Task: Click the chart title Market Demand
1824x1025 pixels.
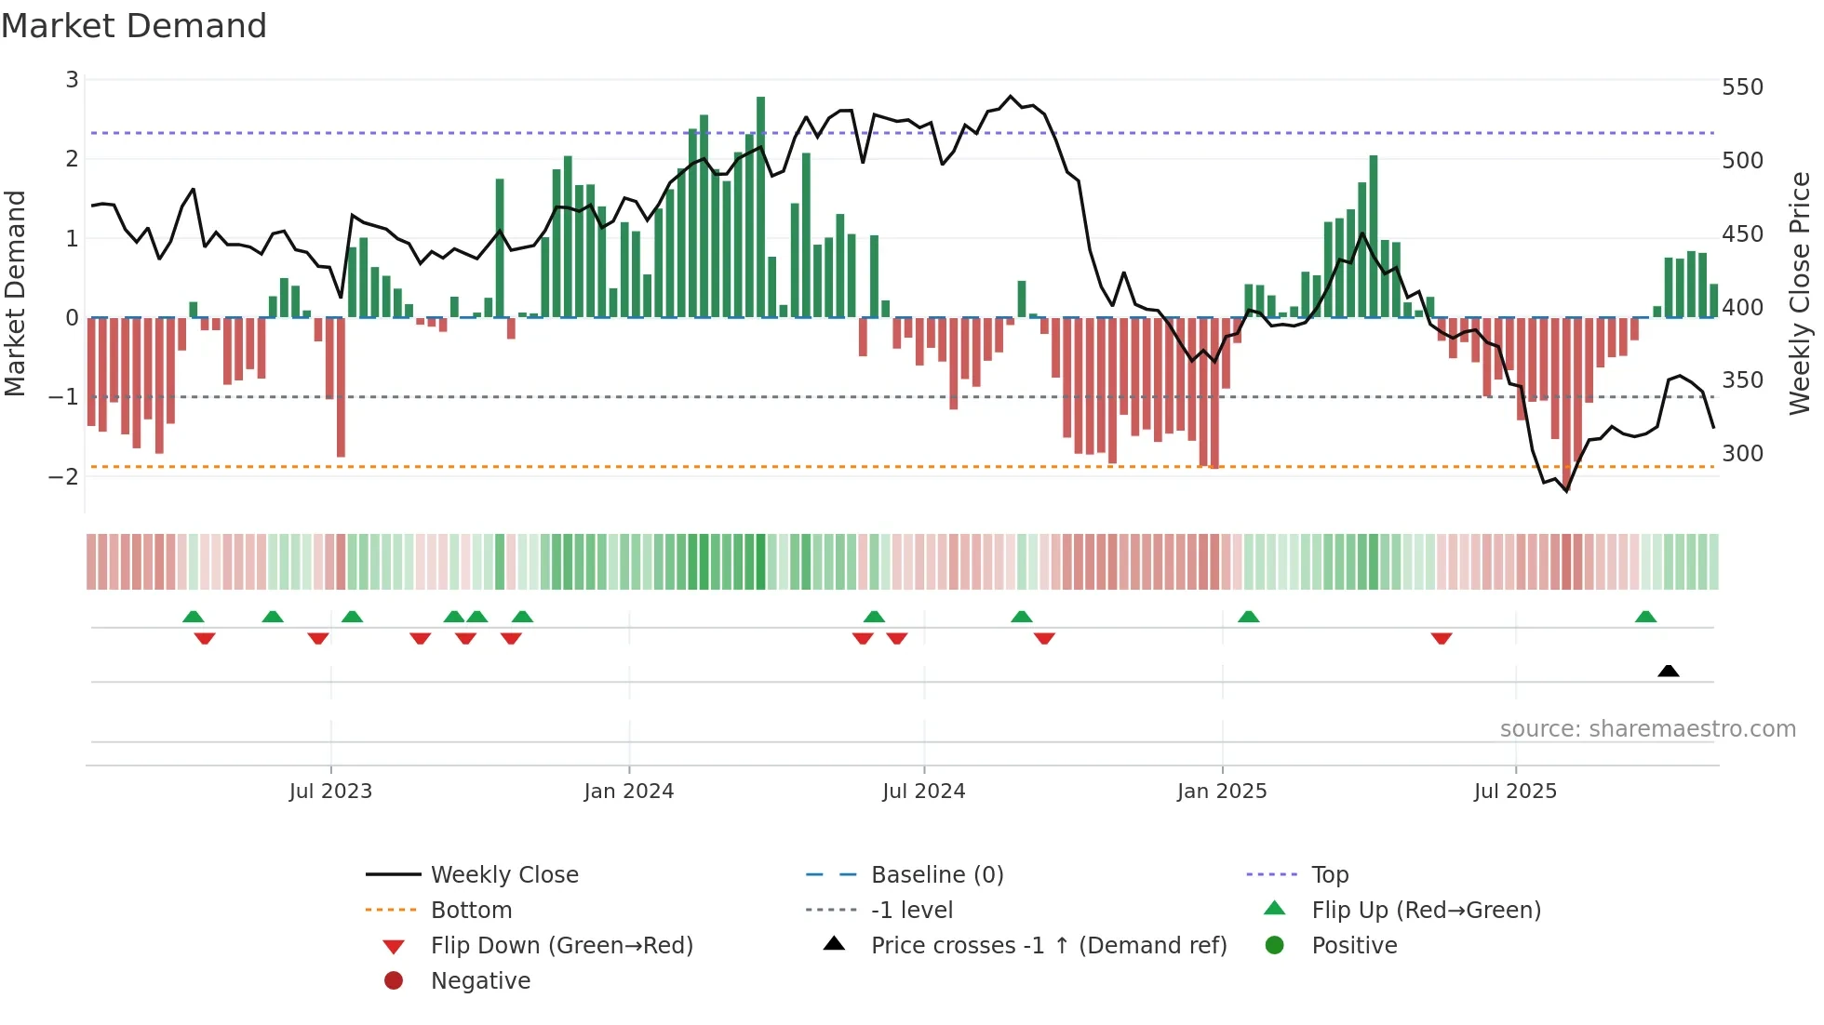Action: (x=134, y=26)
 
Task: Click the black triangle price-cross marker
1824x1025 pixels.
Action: (x=1668, y=671)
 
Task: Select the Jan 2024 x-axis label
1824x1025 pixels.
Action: (x=628, y=792)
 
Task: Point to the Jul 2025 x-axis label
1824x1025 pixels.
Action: (x=1514, y=792)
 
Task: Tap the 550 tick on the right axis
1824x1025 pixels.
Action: (x=1742, y=87)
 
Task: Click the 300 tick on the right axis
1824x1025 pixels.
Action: (x=1742, y=454)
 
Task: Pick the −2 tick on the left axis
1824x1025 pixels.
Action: (x=63, y=477)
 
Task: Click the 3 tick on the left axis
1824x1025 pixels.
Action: (x=72, y=80)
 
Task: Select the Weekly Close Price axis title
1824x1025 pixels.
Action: (x=1800, y=293)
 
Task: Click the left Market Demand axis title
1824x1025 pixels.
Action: (x=15, y=293)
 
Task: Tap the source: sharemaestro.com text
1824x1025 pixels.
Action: (x=1647, y=729)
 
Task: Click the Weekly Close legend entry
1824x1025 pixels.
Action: (x=503, y=875)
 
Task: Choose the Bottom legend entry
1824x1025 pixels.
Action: (x=471, y=911)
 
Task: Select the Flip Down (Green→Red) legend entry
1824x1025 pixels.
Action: (x=561, y=946)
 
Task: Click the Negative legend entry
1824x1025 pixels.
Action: (x=480, y=981)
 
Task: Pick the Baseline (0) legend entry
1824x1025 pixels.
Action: (x=936, y=875)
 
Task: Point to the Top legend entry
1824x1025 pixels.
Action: (x=1329, y=875)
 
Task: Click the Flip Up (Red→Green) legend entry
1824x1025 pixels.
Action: (x=1426, y=911)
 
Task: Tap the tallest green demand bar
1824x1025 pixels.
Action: (x=760, y=206)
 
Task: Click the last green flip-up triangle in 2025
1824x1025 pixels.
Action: (x=1645, y=617)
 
